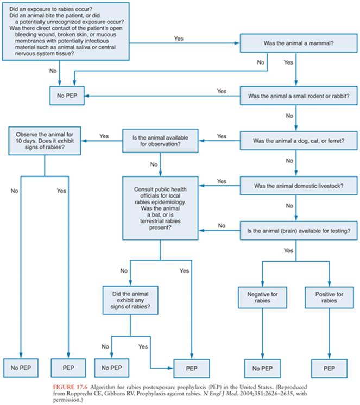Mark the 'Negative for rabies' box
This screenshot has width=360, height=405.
click(263, 298)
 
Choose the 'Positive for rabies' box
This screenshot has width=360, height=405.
click(329, 298)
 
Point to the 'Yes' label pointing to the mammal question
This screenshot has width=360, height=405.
click(178, 39)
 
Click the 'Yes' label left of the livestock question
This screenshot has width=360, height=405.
click(222, 181)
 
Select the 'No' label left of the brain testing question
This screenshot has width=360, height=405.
click(222, 225)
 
